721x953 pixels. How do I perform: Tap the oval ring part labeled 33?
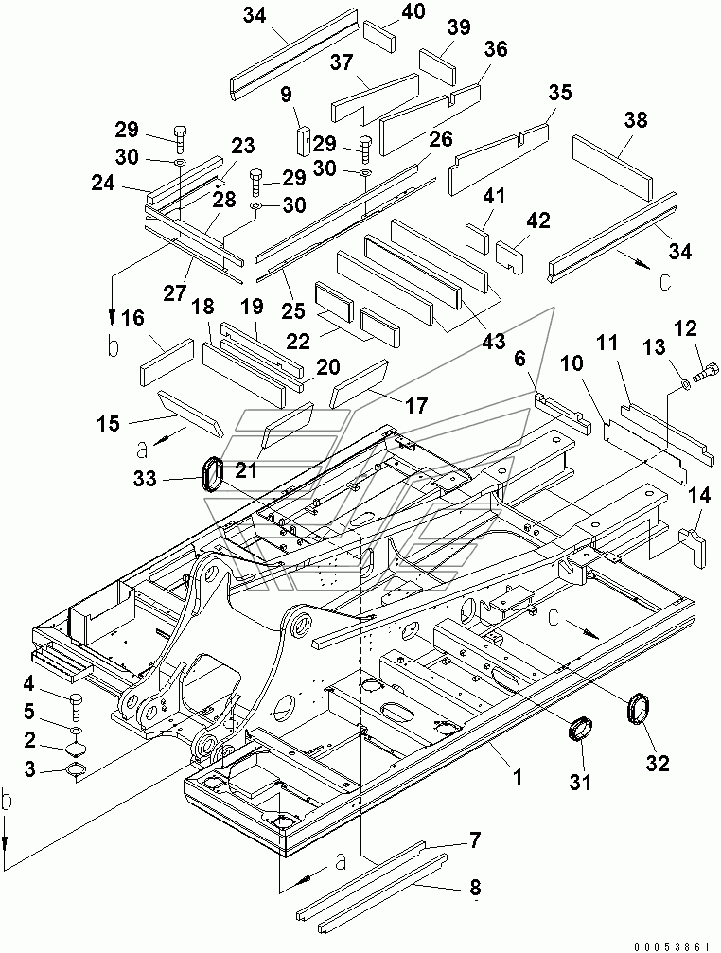point(214,472)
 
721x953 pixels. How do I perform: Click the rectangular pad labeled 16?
point(167,361)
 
